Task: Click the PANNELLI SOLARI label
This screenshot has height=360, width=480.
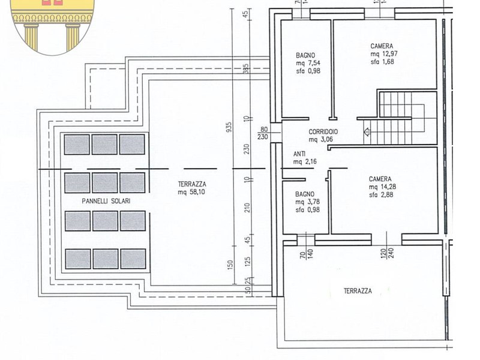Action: click(106, 201)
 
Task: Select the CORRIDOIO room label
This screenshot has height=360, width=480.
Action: click(323, 131)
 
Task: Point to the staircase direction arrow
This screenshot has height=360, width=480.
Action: click(367, 132)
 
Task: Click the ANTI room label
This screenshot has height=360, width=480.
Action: click(299, 154)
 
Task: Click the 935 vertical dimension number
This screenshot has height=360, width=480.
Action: click(229, 127)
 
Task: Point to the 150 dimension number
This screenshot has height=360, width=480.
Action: click(230, 264)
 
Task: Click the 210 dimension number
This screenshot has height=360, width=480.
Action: click(248, 208)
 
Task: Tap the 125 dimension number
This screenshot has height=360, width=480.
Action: click(248, 262)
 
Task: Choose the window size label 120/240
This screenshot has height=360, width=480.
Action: click(387, 254)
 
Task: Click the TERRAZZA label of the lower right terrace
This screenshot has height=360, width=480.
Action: click(358, 291)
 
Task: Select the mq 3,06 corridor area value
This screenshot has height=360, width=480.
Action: click(320, 140)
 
